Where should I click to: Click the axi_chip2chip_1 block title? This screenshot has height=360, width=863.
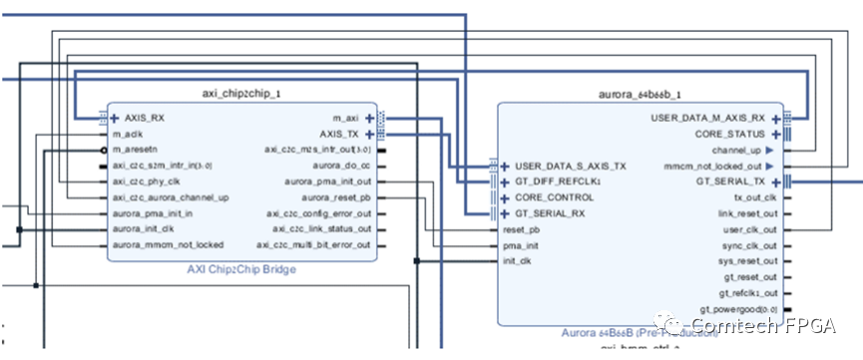pos(240,93)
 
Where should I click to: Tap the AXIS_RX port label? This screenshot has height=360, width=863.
pos(144,118)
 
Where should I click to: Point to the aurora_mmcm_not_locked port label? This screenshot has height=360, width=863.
pos(167,244)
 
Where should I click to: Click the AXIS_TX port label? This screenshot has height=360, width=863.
pos(341,134)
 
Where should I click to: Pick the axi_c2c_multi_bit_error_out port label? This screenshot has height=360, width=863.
pos(313,244)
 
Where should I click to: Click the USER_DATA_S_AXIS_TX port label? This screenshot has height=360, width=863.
pos(570,167)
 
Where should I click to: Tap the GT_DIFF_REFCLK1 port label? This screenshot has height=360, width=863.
pos(558,182)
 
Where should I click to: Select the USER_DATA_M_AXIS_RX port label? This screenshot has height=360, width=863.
pos(707,118)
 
